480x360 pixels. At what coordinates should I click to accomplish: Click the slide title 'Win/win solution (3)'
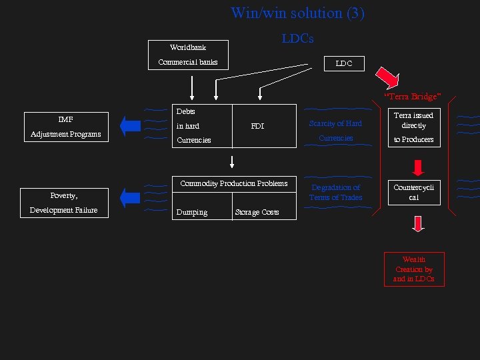click(297, 13)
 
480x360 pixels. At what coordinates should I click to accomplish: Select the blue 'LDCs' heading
click(297, 39)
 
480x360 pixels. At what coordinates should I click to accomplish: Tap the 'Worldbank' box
click(188, 47)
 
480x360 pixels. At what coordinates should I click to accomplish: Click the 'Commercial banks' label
click(188, 63)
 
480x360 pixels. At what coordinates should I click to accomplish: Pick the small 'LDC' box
click(344, 63)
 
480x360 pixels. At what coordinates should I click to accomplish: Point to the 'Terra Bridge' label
click(412, 97)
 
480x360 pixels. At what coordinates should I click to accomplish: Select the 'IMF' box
click(65, 120)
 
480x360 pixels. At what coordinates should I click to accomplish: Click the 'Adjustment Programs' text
click(65, 134)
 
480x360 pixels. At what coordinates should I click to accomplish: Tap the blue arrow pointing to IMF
click(131, 125)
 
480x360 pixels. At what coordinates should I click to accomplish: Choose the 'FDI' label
click(257, 125)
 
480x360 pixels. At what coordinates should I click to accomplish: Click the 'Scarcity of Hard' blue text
click(335, 123)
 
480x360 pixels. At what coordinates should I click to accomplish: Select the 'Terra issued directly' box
click(413, 121)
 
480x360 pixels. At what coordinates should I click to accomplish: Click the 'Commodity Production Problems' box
click(234, 183)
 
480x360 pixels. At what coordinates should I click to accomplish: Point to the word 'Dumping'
click(191, 213)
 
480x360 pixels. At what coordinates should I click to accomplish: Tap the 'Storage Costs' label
click(257, 213)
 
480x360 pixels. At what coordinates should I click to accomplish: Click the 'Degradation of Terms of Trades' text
click(336, 193)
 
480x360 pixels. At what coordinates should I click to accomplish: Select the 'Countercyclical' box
click(413, 192)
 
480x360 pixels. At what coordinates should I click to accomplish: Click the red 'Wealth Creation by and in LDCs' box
click(413, 269)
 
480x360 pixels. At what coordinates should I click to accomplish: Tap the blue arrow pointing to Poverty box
click(131, 197)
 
